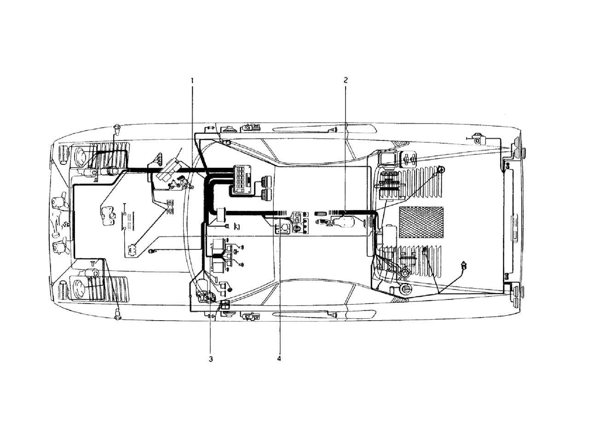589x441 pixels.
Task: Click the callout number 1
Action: (x=192, y=80)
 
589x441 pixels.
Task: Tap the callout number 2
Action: (x=346, y=80)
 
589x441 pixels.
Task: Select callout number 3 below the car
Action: (x=211, y=359)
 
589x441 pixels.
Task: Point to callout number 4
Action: (x=279, y=359)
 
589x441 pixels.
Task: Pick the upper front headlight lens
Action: (x=79, y=155)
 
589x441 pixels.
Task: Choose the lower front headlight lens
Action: (x=79, y=287)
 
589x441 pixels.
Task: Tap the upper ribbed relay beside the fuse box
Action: (x=266, y=181)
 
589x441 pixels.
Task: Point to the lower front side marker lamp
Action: (x=117, y=314)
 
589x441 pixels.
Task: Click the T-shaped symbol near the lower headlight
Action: (x=93, y=263)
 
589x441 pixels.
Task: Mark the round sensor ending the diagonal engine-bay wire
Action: (x=441, y=169)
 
